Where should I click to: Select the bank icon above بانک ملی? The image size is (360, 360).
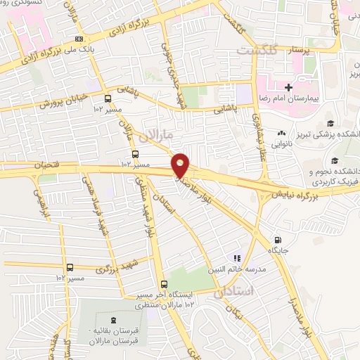[x=79, y=38]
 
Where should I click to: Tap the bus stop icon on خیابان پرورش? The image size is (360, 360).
[x=108, y=98]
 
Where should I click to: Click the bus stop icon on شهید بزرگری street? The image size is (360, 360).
[x=70, y=266]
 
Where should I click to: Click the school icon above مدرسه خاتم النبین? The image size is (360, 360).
[x=237, y=259]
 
